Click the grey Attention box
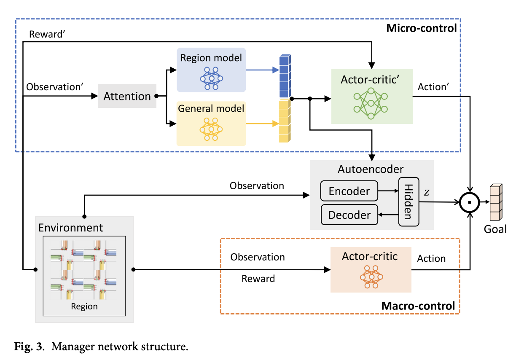point(127,96)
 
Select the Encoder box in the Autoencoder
point(349,191)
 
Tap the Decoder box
point(349,215)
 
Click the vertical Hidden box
point(408,202)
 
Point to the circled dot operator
point(470,202)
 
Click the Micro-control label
point(421,28)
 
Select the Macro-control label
point(418,306)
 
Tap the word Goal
point(495,229)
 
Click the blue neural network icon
point(211,78)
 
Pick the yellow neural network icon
point(211,129)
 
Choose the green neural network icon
point(371,103)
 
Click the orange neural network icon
point(371,277)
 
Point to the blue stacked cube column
point(285,76)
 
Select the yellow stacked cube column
point(285,121)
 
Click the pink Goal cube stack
point(496,202)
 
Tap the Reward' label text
point(47,34)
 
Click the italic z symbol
point(427,192)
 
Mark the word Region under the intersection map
point(84,306)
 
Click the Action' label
point(433,87)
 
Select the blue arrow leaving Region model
point(263,70)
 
